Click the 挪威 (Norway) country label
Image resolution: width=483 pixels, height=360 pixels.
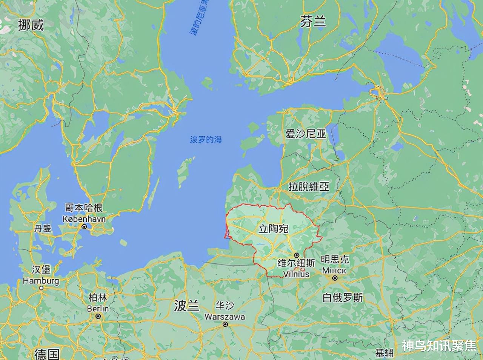pyautogui.click(x=31, y=25)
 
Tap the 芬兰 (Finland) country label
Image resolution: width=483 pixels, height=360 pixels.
pyautogui.click(x=313, y=22)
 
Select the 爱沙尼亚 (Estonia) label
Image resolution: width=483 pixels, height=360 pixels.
pyautogui.click(x=306, y=134)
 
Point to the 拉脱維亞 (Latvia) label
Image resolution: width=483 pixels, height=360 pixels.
pyautogui.click(x=309, y=186)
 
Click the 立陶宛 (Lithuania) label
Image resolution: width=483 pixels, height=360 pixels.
pyautogui.click(x=273, y=229)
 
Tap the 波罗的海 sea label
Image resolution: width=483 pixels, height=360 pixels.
pyautogui.click(x=206, y=140)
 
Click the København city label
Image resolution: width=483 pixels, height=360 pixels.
pyautogui.click(x=84, y=219)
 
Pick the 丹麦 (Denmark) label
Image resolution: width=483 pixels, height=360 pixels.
pyautogui.click(x=43, y=229)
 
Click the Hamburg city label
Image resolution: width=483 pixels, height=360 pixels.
pyautogui.click(x=41, y=281)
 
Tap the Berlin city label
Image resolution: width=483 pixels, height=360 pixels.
pyautogui.click(x=98, y=309)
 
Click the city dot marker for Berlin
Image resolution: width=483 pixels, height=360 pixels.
pyautogui.click(x=98, y=316)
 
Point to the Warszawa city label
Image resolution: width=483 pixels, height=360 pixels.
pyautogui.click(x=225, y=317)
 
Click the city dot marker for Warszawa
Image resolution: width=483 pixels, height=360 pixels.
pyautogui.click(x=225, y=324)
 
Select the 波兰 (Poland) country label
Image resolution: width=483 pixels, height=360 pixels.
pyautogui.click(x=186, y=306)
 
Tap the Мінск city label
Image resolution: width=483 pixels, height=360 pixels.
pyautogui.click(x=334, y=271)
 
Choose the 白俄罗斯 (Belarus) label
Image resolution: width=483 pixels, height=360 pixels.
pyautogui.click(x=343, y=298)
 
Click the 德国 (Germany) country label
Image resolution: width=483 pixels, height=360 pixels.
pyautogui.click(x=47, y=354)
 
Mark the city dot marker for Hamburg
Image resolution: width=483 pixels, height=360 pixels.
pyautogui.click(x=41, y=288)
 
